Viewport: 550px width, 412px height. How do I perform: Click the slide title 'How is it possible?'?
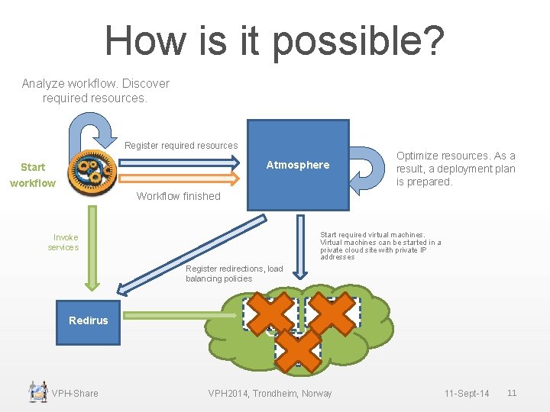point(274,40)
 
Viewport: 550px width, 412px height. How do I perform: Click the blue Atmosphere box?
point(298,165)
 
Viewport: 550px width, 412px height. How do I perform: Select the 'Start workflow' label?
point(33,175)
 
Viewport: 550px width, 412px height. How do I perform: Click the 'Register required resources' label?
point(181,145)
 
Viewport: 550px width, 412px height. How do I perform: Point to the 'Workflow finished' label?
point(178,196)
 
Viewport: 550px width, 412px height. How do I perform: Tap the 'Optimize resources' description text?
point(455,169)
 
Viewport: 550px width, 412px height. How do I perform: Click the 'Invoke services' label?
point(64,242)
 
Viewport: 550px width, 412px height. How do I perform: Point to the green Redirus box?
point(89,320)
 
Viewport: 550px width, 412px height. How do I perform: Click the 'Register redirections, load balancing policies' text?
point(234,273)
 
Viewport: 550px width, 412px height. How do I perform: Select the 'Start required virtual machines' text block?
point(380,246)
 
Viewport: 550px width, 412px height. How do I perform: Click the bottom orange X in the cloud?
point(298,349)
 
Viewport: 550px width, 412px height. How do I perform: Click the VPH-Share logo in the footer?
point(37,391)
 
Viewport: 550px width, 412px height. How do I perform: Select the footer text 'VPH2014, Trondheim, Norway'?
point(270,393)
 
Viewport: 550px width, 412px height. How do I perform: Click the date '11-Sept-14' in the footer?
point(467,393)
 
